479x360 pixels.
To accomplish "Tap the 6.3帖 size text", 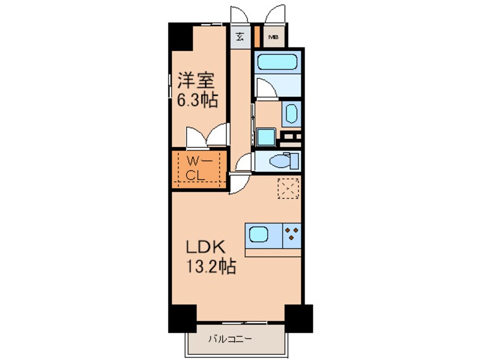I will coord(194,101).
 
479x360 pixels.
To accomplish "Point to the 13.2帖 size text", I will coord(208,266).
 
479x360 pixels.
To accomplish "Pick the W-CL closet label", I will coord(199,168).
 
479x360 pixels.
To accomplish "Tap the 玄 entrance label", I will coord(239,37).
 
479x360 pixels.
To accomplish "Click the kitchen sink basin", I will coord(261,234).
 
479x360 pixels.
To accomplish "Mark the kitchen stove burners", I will coord(292,234).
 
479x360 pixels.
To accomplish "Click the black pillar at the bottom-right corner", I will coord(298,318).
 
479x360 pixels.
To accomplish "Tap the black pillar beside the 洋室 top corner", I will coord(181,37).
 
